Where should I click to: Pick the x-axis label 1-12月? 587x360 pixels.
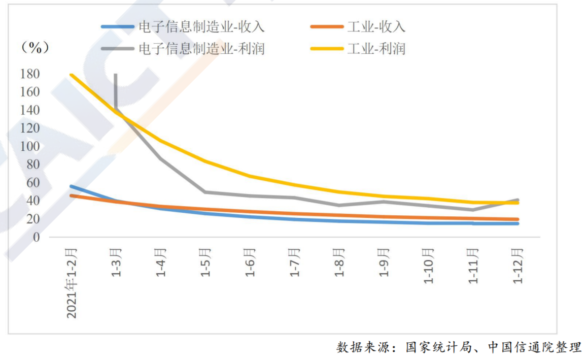coord(517,265)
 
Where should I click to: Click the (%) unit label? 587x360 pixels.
coord(35,48)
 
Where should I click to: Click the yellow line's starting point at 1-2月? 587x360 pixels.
coord(71,75)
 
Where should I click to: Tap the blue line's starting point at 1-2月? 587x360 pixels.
coord(71,186)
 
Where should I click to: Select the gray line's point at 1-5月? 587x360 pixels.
coord(205,192)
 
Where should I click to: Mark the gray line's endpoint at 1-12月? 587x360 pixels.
coord(517,200)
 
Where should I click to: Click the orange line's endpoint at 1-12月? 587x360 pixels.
coord(517,219)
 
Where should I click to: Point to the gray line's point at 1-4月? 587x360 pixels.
coord(160,158)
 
